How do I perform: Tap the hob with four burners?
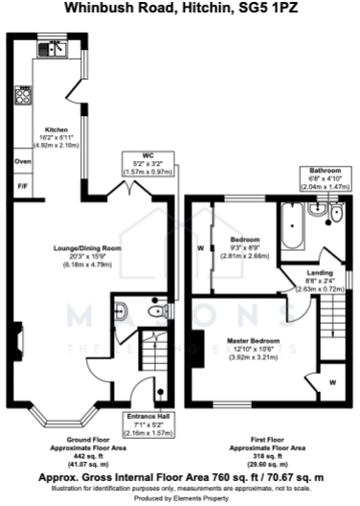coord(22,96)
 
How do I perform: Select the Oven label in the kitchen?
coord(23,162)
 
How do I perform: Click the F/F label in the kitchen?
coord(23,185)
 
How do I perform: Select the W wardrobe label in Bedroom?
coord(199,248)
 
